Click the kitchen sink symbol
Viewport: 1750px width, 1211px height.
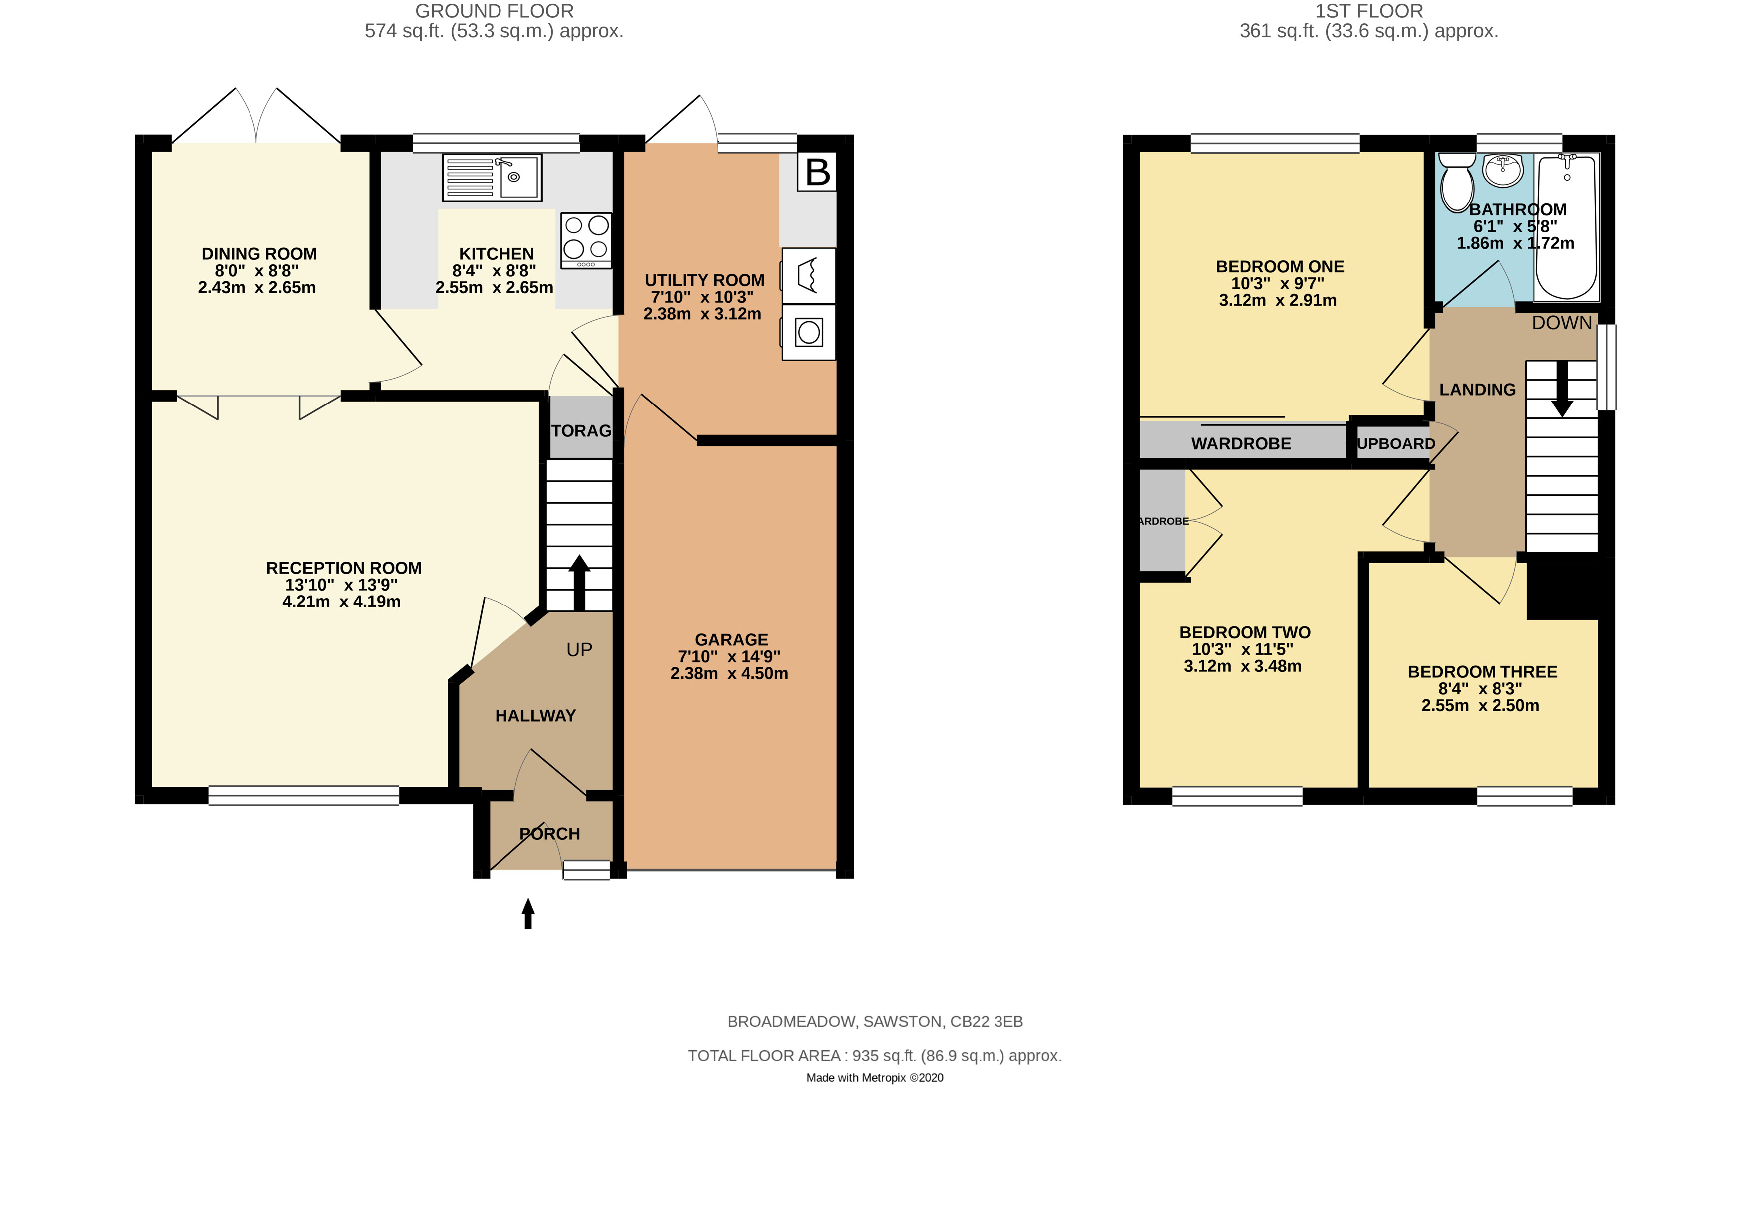click(x=492, y=177)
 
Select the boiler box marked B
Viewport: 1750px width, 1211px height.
click(x=817, y=172)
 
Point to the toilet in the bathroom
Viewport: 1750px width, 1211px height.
click(x=1456, y=182)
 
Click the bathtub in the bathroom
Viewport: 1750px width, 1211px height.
click(x=1566, y=227)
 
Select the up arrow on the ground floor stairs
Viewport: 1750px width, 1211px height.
click(x=579, y=581)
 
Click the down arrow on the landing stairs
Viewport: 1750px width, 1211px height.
click(x=1562, y=389)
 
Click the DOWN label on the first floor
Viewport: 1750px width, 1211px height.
click(x=1562, y=323)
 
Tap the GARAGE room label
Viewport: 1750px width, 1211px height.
click(x=731, y=639)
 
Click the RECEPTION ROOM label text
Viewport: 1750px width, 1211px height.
click(x=343, y=568)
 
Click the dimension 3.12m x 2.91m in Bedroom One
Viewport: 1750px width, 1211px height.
click(x=1278, y=300)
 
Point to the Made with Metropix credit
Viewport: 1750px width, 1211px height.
click(x=875, y=1077)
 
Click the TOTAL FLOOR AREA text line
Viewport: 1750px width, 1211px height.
click(x=875, y=1055)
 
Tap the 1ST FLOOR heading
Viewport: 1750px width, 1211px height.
click(x=1369, y=11)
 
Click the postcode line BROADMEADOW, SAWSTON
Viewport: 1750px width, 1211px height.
click(x=875, y=1021)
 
